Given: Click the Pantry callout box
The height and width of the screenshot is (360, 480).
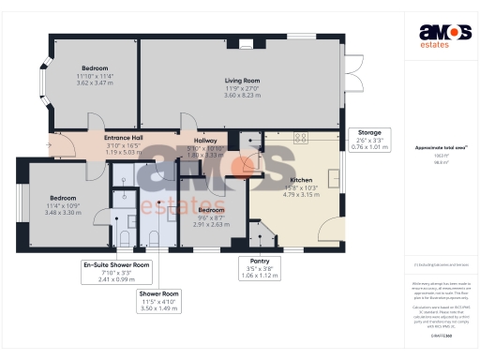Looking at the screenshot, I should point(254,267).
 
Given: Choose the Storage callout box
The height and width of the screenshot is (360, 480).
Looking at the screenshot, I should point(363,140).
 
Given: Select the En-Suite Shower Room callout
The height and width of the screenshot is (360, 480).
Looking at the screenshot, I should point(116,271).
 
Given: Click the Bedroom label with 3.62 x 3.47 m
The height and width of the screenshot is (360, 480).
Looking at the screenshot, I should point(96,68).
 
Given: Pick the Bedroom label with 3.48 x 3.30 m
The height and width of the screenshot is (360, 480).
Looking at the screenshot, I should point(63,198).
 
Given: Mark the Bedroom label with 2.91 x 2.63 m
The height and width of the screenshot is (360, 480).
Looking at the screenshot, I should point(212,211).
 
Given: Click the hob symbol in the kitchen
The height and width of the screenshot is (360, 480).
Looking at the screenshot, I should point(302,137).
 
